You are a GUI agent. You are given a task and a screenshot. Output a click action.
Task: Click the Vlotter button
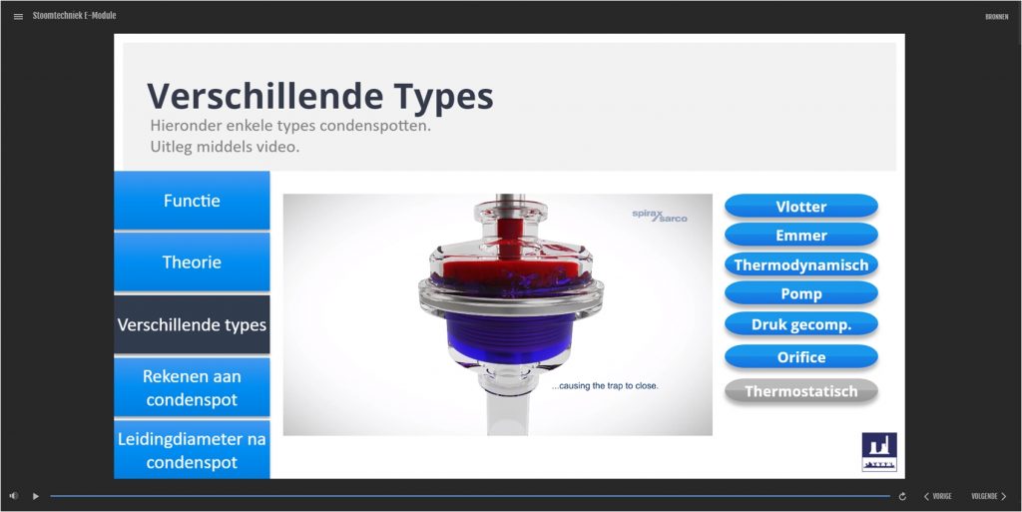tap(801, 206)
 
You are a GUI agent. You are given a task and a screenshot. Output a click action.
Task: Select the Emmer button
tap(801, 236)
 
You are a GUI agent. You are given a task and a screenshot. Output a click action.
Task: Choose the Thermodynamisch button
tap(801, 264)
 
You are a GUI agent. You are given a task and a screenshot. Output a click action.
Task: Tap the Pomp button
tap(801, 293)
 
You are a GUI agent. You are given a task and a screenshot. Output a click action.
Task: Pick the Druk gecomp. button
tap(801, 324)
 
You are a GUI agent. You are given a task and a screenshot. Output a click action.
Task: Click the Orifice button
tap(801, 357)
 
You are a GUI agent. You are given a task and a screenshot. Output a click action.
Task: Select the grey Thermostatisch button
tap(801, 391)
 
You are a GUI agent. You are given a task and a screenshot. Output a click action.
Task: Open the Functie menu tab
tap(192, 200)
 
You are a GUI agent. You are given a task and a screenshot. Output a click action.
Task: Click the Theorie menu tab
tap(192, 261)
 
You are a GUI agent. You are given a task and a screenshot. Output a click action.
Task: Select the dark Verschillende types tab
tap(192, 324)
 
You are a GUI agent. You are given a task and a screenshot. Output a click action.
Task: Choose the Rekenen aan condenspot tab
tap(192, 387)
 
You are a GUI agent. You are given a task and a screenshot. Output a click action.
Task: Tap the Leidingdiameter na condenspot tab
tap(192, 449)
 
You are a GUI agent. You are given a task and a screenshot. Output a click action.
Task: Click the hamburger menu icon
tap(18, 16)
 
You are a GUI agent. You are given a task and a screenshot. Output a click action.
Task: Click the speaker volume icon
tap(14, 496)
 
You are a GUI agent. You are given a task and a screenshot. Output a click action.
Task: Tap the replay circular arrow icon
tap(902, 496)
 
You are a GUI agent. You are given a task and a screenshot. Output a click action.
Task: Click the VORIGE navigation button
tap(938, 496)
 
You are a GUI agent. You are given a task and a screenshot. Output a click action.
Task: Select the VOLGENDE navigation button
tap(989, 496)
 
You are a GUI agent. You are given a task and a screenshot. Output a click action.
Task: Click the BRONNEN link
tap(997, 17)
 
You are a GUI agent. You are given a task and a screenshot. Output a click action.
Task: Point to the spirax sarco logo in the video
tap(660, 215)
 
